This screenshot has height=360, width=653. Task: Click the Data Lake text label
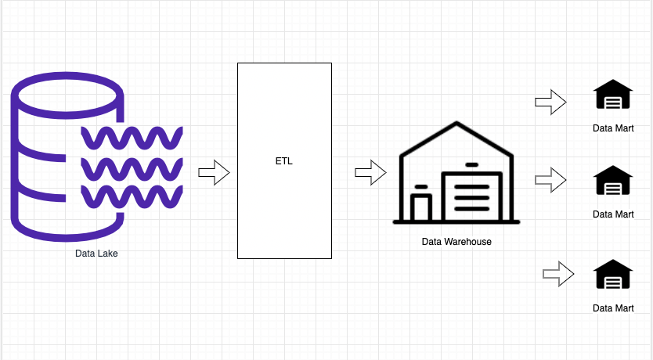coord(96,253)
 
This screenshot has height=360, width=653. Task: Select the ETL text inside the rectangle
coord(284,160)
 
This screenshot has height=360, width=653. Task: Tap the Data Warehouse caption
coord(456,242)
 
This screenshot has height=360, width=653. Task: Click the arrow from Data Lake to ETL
coord(213,172)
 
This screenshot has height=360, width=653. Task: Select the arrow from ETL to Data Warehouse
coord(370,172)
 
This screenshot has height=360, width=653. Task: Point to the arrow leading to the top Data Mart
coord(550,102)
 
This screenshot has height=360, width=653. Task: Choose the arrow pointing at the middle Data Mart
coord(550,180)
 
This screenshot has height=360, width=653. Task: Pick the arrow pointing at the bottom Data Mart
coord(558,273)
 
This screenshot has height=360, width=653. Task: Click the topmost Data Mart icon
coord(613,96)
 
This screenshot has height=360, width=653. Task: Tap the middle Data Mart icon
coord(613,182)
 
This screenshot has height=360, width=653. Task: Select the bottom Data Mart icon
coord(613,276)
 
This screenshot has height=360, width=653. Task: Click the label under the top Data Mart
coord(613,128)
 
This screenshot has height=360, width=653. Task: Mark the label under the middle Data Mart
coord(613,214)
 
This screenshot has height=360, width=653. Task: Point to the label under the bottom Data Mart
coord(613,308)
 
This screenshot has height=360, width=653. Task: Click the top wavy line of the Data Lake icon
coord(132,139)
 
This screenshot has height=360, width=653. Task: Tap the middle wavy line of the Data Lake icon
coord(132,168)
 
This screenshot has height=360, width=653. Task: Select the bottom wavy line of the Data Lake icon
coord(132,196)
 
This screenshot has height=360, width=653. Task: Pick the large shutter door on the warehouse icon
coord(471,196)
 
